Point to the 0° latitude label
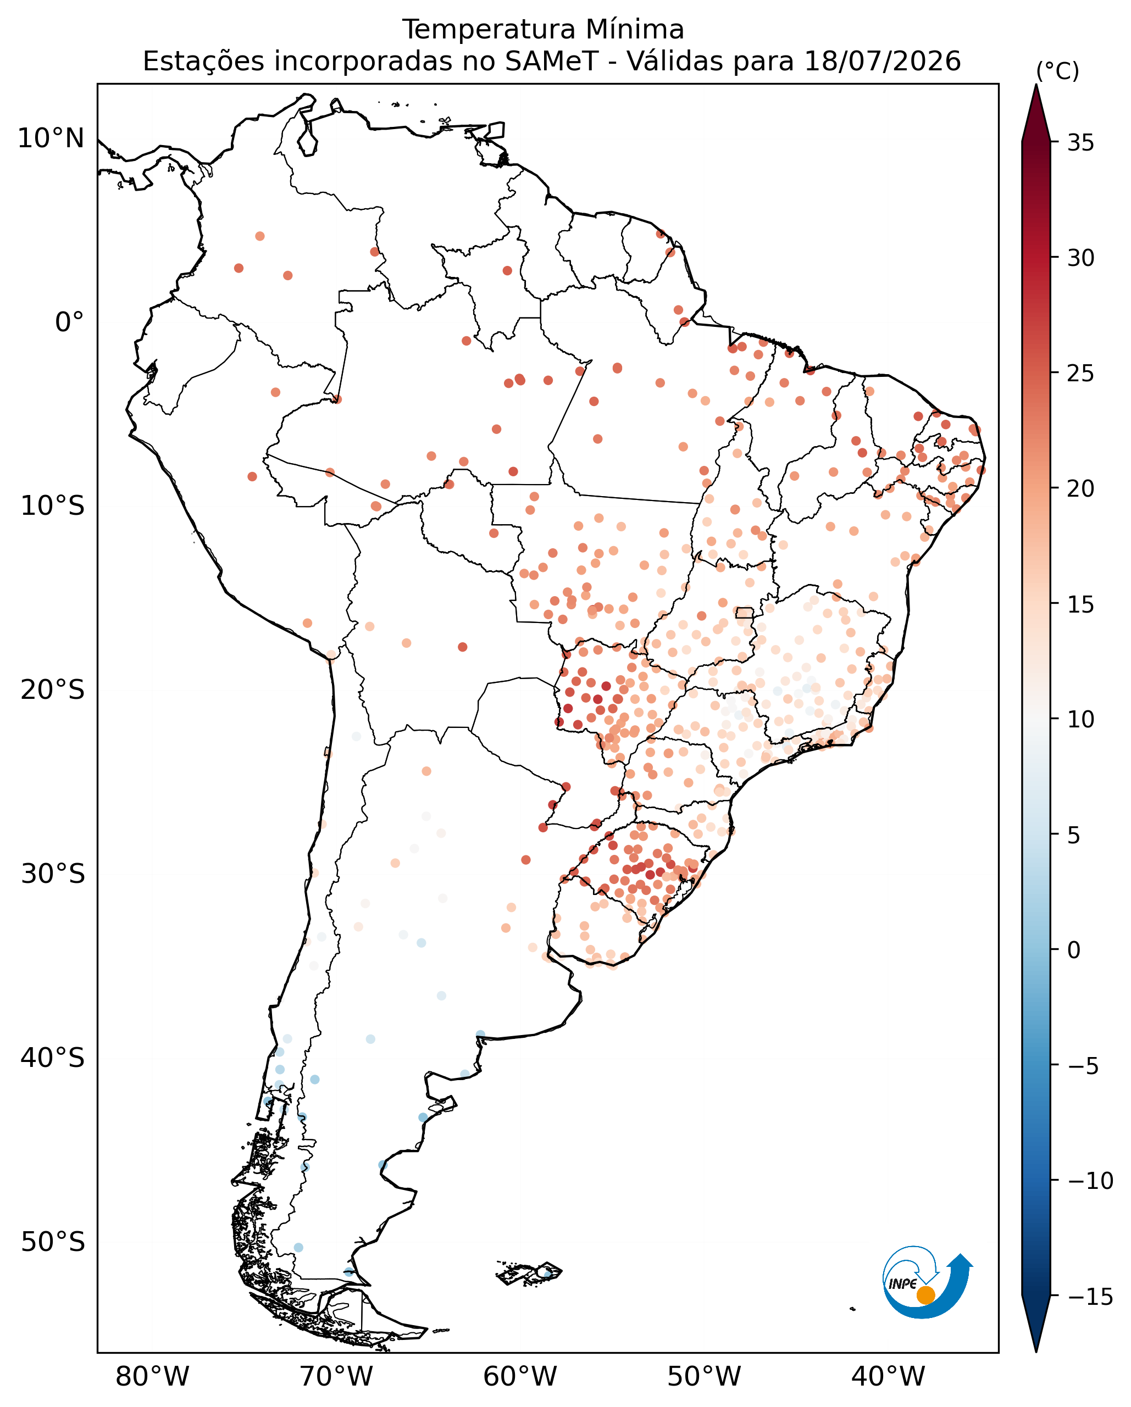point(70,322)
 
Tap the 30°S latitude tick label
point(53,874)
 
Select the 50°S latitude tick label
point(53,1242)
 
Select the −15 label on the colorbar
point(1090,1297)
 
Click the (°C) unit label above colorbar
point(1057,71)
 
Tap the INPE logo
point(927,1282)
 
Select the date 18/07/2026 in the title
point(883,62)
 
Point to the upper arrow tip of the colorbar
point(1036,85)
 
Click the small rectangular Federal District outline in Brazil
point(744,613)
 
